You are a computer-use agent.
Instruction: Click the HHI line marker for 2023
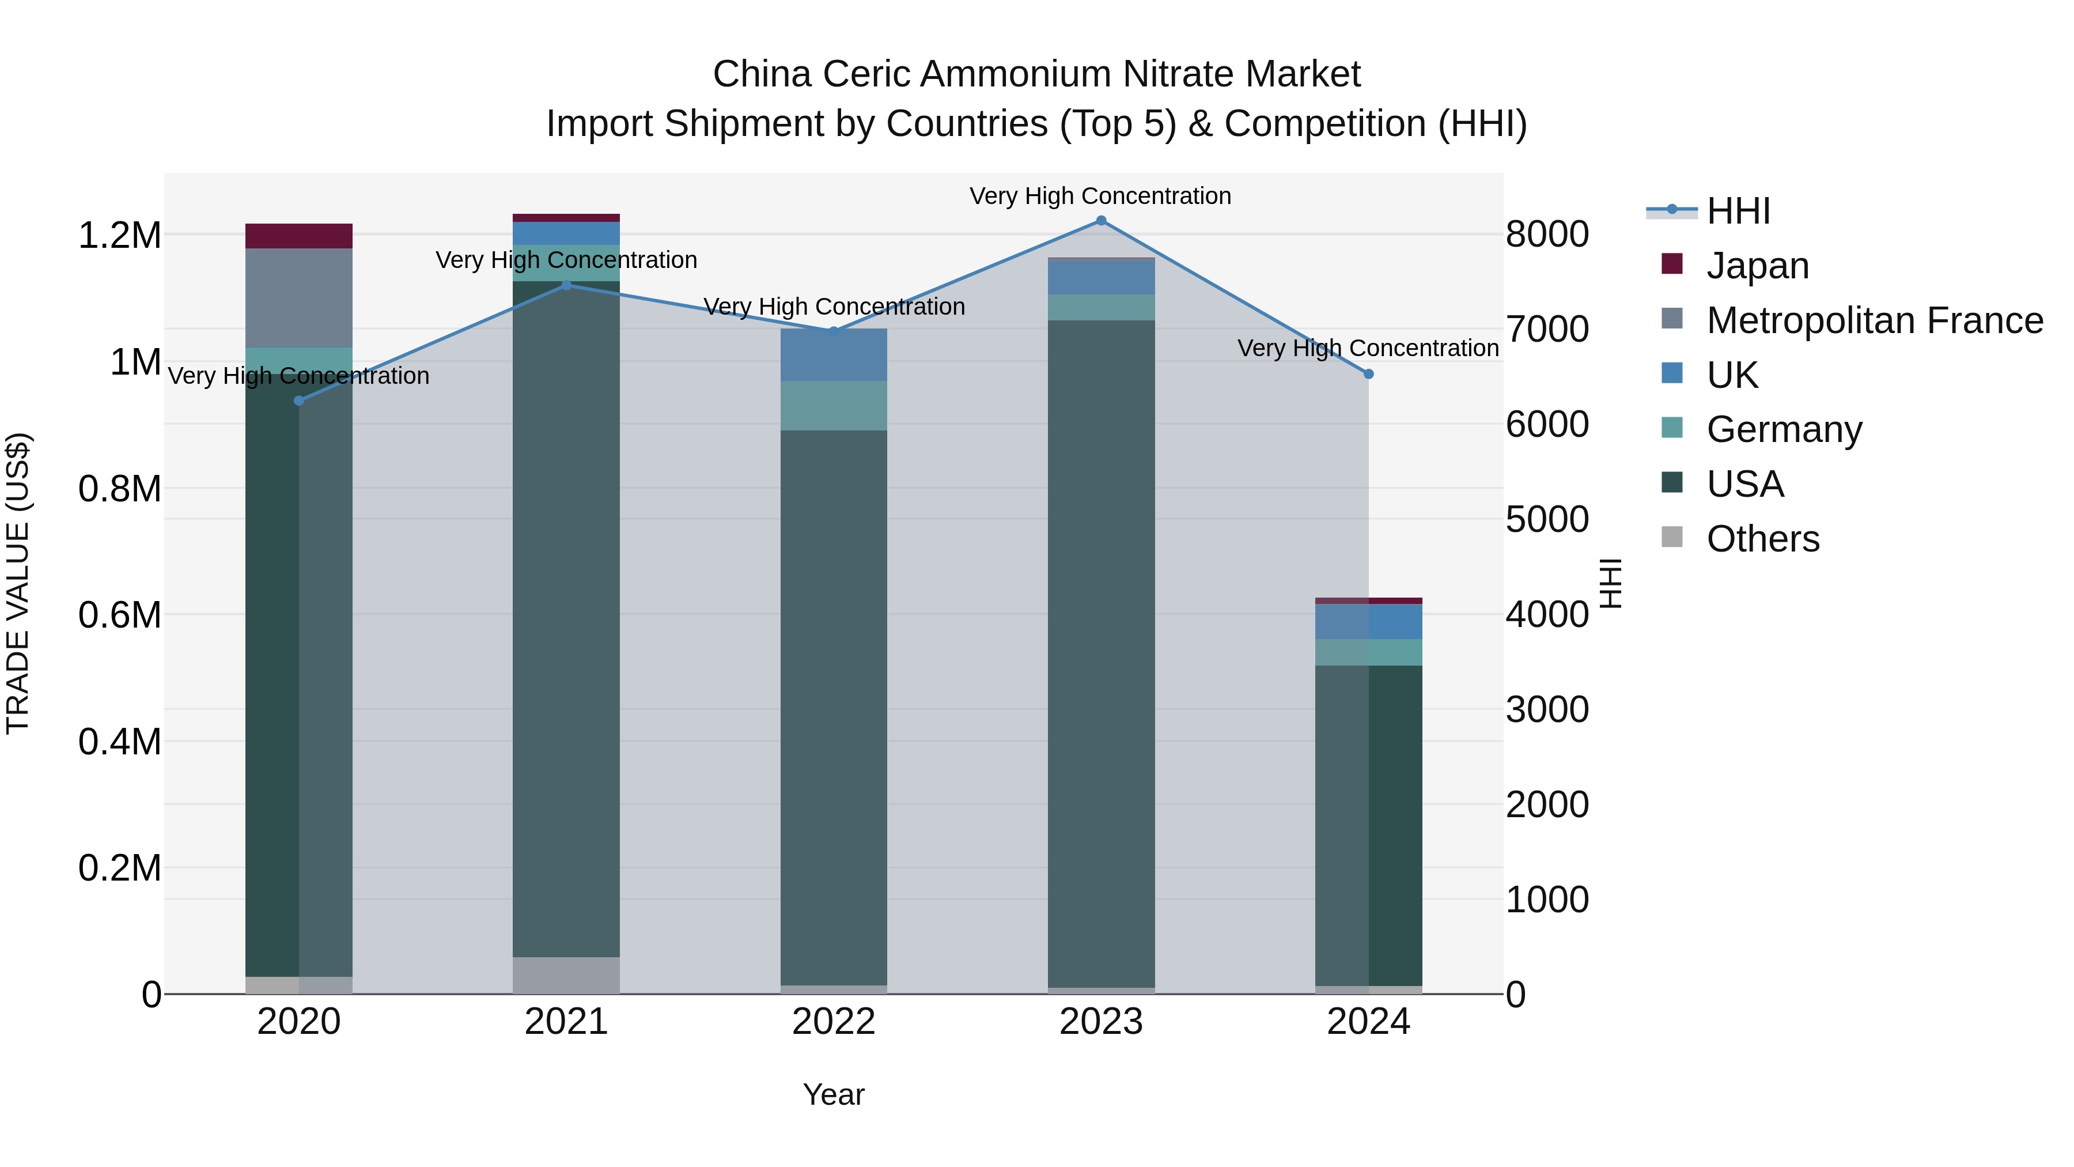pyautogui.click(x=1100, y=221)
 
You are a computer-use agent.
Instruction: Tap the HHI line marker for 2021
pyautogui.click(x=566, y=285)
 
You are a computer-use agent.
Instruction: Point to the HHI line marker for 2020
pyautogui.click(x=298, y=401)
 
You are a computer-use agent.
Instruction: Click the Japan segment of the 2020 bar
pyautogui.click(x=298, y=236)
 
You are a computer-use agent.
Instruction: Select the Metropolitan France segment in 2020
pyautogui.click(x=298, y=298)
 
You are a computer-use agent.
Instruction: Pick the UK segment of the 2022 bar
pyautogui.click(x=833, y=355)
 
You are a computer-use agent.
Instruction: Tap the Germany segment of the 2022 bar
pyautogui.click(x=833, y=406)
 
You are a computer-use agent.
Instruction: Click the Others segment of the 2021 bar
pyautogui.click(x=566, y=975)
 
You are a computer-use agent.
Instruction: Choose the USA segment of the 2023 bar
pyautogui.click(x=1100, y=652)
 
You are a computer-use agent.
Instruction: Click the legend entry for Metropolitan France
pyautogui.click(x=1874, y=320)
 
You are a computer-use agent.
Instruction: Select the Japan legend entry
pyautogui.click(x=1758, y=266)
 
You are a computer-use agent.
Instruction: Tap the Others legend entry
pyautogui.click(x=1762, y=539)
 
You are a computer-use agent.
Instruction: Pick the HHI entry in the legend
pyautogui.click(x=1738, y=211)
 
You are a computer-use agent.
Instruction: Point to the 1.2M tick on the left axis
pyautogui.click(x=119, y=236)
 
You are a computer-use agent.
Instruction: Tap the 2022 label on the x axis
pyautogui.click(x=833, y=1022)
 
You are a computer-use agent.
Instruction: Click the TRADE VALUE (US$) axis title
pyautogui.click(x=18, y=583)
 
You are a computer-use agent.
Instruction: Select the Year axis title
pyautogui.click(x=833, y=1094)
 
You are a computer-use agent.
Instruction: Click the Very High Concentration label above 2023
pyautogui.click(x=1100, y=197)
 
